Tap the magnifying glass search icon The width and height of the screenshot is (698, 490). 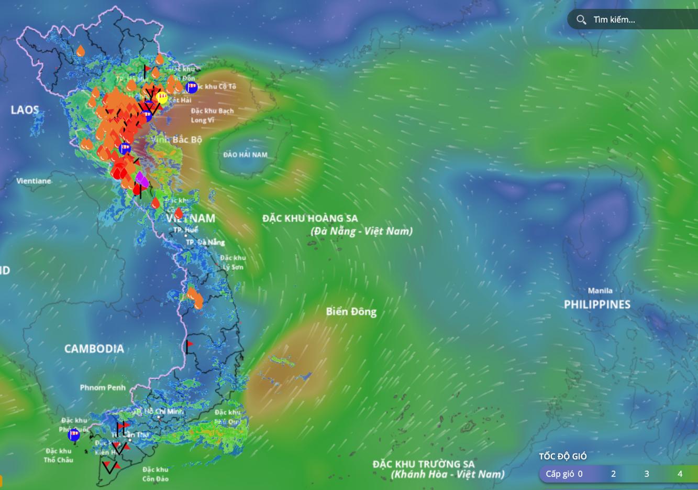point(581,20)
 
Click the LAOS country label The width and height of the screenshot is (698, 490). point(25,110)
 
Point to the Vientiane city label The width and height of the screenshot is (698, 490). point(34,181)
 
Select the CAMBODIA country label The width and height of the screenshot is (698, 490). point(94,349)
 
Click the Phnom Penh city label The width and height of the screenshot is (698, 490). point(103,388)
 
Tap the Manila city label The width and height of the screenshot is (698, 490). point(600,291)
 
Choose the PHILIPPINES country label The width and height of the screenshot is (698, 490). point(597,304)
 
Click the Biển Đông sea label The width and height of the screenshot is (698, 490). point(351,312)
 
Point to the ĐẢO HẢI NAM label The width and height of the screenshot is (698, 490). point(245,155)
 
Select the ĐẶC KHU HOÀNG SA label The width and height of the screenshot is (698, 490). point(310,218)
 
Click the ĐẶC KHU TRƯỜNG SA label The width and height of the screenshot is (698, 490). point(424,464)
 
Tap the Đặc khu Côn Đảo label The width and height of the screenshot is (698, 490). point(156,474)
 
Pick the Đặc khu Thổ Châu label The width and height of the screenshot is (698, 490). point(58,455)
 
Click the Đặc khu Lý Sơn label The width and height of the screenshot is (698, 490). point(233,262)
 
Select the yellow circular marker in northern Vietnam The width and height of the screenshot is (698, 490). point(161,97)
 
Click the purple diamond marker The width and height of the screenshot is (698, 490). point(141,179)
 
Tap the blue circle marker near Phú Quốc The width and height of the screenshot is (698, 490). point(74,434)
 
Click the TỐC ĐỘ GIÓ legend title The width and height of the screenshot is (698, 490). point(563,456)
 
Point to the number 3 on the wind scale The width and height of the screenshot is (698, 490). point(647,474)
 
